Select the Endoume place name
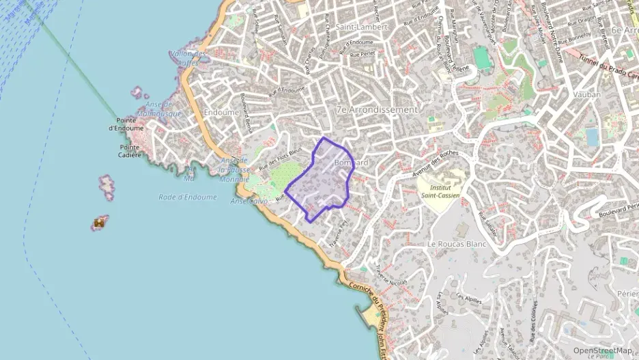(x=221, y=112)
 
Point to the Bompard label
(x=352, y=163)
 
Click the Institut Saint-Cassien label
(x=440, y=191)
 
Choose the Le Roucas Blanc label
(x=456, y=243)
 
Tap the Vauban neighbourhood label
(x=587, y=94)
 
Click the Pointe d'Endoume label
(x=126, y=124)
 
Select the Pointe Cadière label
(x=130, y=150)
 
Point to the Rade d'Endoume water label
(x=187, y=197)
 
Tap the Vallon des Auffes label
(x=188, y=57)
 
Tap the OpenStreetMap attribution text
(x=602, y=350)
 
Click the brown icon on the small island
(x=100, y=222)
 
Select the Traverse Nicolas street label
(x=391, y=274)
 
